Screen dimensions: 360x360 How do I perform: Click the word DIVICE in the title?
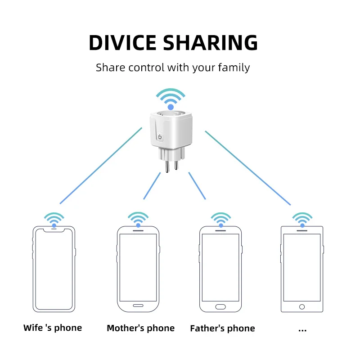tap(122, 43)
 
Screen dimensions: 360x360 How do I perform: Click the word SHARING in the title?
tap(210, 43)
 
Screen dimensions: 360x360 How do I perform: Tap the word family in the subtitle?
tap(233, 68)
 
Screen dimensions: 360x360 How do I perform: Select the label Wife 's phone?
tap(53, 328)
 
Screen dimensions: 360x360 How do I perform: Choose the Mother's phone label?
tap(140, 328)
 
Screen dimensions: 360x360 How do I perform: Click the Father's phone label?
tap(222, 328)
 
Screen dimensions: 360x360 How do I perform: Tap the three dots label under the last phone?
tap(302, 329)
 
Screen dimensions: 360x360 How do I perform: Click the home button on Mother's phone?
tap(138, 306)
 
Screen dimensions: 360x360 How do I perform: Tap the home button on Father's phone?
tap(220, 306)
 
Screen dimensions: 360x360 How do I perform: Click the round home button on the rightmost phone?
tap(302, 307)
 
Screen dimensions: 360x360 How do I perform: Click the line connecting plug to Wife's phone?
tap(101, 165)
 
